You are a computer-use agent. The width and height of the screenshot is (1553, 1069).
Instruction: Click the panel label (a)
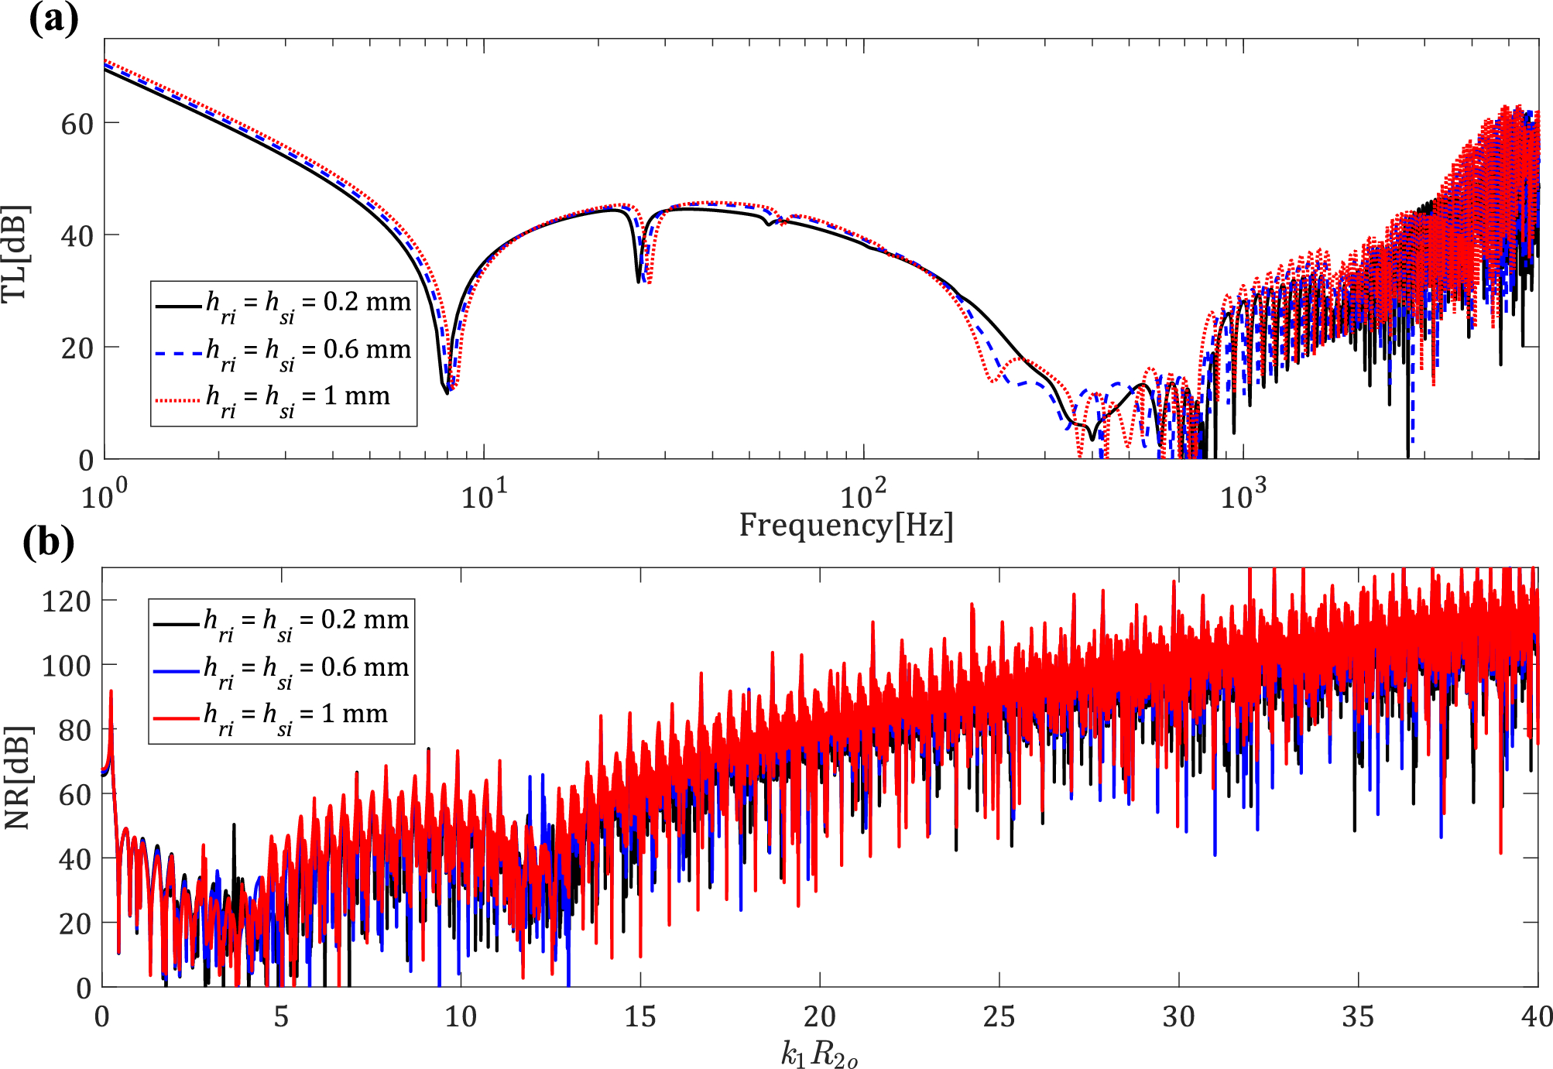tap(53, 19)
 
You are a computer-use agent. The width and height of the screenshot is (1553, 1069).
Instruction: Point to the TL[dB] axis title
tap(15, 254)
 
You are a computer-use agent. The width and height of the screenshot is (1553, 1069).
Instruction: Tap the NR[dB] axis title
tap(17, 777)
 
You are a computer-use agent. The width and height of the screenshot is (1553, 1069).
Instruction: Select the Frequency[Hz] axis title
tap(845, 526)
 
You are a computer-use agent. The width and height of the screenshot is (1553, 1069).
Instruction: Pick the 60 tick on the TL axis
tap(77, 124)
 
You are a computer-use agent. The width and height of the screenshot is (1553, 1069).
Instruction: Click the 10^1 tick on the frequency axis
tap(484, 495)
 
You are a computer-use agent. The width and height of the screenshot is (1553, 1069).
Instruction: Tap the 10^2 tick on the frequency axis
tap(863, 495)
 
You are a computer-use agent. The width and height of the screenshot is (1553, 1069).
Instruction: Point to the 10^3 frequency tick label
tap(1243, 495)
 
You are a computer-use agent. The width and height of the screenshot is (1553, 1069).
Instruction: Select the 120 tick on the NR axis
tap(67, 601)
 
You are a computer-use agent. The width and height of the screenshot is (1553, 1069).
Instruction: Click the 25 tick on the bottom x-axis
tap(999, 1016)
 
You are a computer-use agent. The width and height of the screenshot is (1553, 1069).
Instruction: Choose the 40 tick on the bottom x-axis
tap(1536, 1016)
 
